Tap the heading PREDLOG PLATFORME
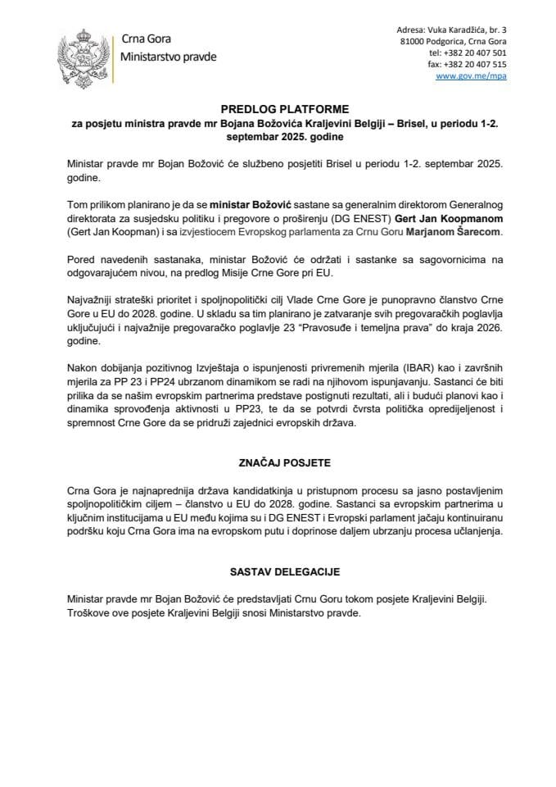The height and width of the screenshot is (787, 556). (278, 108)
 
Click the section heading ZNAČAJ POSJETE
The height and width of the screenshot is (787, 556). (278, 462)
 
